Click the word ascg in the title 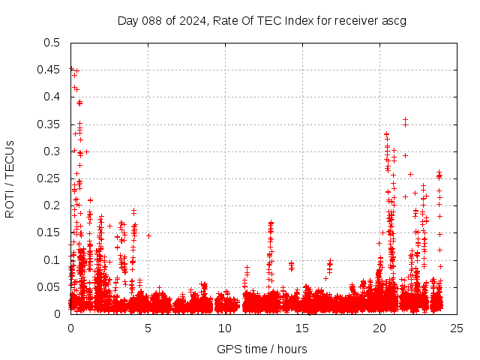[393, 20]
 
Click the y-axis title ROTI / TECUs [10, 178]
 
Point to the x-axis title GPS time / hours [262, 349]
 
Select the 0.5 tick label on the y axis [52, 43]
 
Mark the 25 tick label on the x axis [457, 328]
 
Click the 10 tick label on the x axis [225, 328]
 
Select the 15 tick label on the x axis [302, 328]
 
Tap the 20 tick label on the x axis [379, 328]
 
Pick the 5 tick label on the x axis [148, 328]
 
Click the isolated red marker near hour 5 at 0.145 [148, 235]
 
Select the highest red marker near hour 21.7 [405, 119]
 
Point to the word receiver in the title [352, 20]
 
